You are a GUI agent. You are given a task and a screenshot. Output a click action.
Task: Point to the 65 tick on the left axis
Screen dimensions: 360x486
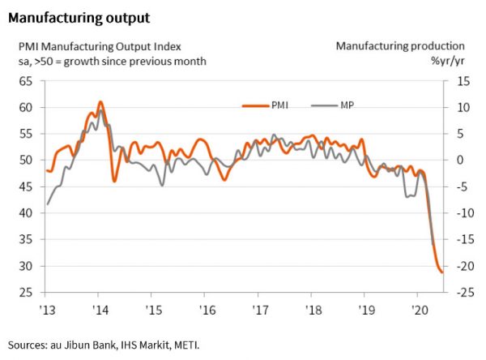(x=26, y=81)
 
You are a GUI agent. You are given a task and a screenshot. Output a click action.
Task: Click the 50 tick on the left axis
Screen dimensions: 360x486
(x=26, y=161)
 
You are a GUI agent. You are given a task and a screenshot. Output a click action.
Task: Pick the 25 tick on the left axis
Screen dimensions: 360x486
(x=26, y=293)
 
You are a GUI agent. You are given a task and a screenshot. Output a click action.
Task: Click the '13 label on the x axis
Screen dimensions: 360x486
(x=46, y=310)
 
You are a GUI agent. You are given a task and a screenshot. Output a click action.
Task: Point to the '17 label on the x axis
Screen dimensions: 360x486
(x=261, y=310)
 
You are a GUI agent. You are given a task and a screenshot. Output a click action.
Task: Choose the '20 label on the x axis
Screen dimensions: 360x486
(x=420, y=310)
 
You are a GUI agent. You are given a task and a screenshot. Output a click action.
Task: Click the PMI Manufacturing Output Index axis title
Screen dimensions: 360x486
(x=100, y=46)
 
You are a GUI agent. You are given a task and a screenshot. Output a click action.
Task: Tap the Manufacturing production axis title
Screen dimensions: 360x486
(x=400, y=46)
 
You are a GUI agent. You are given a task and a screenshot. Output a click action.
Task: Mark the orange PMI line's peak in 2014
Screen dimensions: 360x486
(x=100, y=102)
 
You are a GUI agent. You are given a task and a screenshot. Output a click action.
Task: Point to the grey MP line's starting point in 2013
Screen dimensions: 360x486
(x=47, y=204)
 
